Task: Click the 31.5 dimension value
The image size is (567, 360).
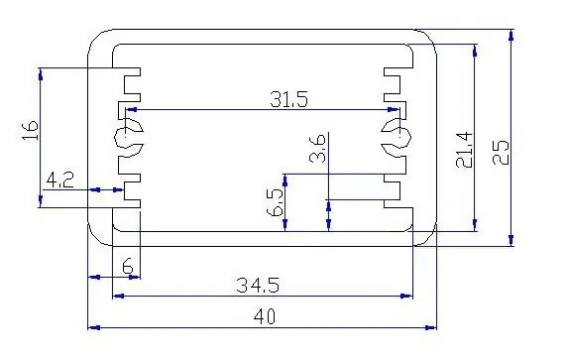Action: [x=288, y=99]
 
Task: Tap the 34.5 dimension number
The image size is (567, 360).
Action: [x=258, y=285]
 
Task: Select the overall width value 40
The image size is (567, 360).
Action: [x=265, y=316]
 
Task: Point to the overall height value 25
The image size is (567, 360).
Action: [x=501, y=152]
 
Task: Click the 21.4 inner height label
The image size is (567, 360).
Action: [x=464, y=150]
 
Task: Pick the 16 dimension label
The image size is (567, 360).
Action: [x=30, y=130]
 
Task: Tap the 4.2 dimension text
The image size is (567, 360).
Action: [x=60, y=180]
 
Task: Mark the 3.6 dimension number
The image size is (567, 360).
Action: [x=318, y=149]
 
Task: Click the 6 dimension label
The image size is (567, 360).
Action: [x=128, y=267]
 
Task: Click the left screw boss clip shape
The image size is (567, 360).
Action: [x=129, y=137]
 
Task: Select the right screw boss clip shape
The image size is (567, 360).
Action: [x=397, y=137]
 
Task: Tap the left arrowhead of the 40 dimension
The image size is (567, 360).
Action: [x=94, y=328]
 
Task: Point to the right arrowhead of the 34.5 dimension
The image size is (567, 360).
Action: [x=406, y=296]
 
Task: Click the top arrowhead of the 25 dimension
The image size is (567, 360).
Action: [x=510, y=36]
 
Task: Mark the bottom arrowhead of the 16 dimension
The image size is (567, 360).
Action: [x=40, y=201]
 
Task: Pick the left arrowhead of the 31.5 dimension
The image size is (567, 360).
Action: [x=131, y=109]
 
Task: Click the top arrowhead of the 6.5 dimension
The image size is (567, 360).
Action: [x=285, y=180]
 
